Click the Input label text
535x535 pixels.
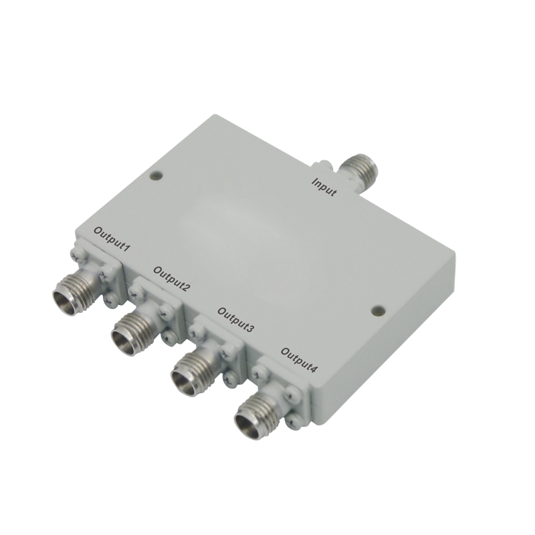(x=324, y=187)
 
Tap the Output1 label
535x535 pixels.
(x=112, y=239)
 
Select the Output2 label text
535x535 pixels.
(x=171, y=278)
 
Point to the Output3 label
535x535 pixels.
(x=235, y=320)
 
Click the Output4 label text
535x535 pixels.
(x=299, y=360)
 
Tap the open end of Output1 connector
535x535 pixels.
(x=65, y=303)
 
